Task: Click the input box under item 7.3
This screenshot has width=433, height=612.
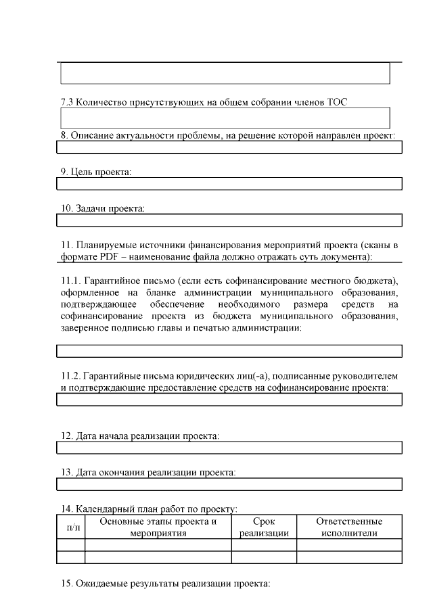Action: click(x=225, y=118)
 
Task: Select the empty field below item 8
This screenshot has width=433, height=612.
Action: click(x=229, y=147)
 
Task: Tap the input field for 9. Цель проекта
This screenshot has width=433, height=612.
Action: click(x=229, y=184)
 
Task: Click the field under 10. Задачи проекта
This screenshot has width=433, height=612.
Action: click(x=229, y=220)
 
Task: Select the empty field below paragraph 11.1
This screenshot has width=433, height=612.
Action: click(x=229, y=350)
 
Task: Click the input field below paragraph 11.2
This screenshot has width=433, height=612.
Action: click(x=229, y=400)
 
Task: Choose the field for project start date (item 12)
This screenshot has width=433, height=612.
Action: click(x=229, y=448)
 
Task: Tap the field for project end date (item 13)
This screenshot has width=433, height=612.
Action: click(x=229, y=484)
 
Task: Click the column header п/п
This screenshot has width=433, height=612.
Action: click(x=70, y=527)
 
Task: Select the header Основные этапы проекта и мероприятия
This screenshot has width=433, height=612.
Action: click(x=158, y=527)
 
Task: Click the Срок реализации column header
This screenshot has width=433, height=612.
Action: click(x=264, y=527)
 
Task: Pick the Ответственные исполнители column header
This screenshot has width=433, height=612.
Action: click(x=349, y=527)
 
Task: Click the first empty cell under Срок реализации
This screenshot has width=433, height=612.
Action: click(x=264, y=545)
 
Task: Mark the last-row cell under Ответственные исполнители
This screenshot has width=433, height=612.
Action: click(x=349, y=557)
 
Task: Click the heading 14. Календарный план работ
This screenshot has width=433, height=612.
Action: click(x=148, y=509)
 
